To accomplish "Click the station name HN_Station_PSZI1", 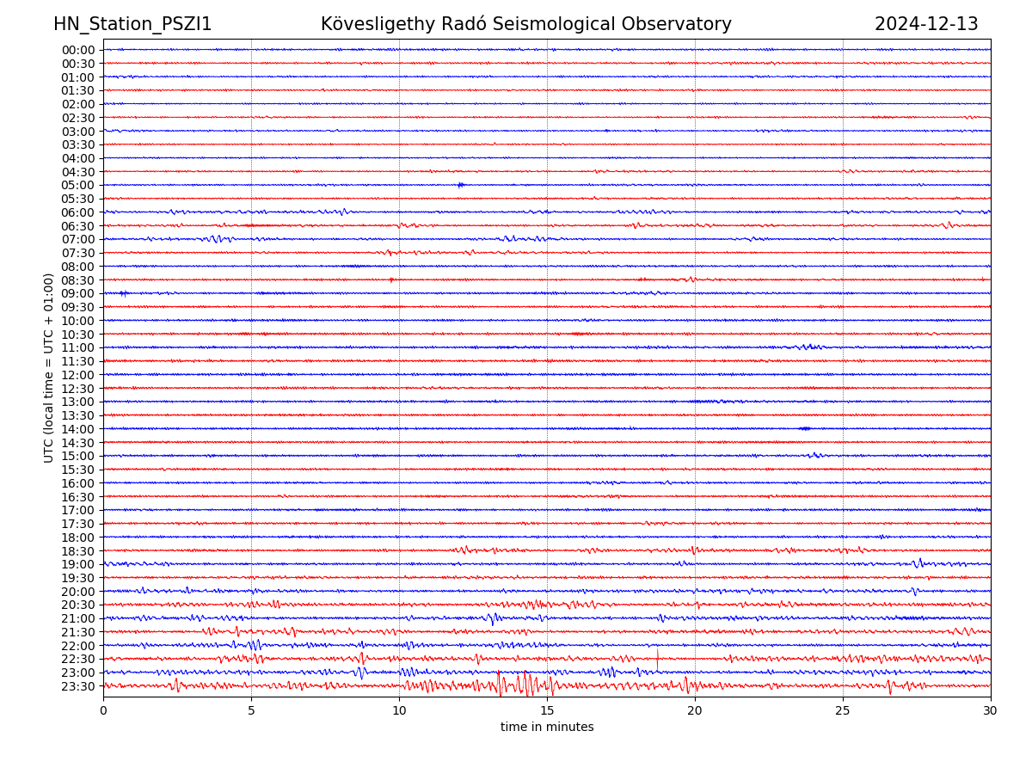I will (x=132, y=24).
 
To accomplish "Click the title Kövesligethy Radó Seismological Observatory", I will (x=525, y=24).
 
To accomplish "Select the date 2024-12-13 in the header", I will (x=926, y=24).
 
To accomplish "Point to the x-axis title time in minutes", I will (x=547, y=728).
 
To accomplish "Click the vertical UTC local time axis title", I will (x=49, y=367).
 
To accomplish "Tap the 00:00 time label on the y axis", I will (x=78, y=50).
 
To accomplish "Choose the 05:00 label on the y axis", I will (x=78, y=185).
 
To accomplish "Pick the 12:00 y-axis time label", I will (x=78, y=375).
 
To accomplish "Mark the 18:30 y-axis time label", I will (x=78, y=551).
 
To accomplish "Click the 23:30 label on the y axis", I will (x=78, y=686).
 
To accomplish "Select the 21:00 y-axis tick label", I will (x=78, y=618).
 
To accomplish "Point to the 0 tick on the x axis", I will (x=103, y=711).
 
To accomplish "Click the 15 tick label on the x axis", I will (x=547, y=711).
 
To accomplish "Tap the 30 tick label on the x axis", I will (x=991, y=711).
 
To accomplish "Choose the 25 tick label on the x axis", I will (x=843, y=711).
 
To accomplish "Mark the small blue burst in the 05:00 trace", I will (x=461, y=185).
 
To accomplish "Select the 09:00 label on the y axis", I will (x=78, y=293).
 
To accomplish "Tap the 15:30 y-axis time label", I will (x=78, y=470).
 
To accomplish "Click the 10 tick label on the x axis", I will (x=399, y=711).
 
